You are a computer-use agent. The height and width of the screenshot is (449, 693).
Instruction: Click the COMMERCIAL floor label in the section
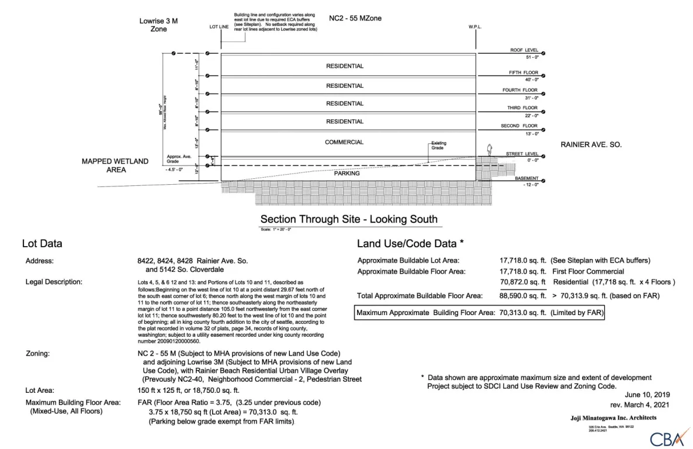pos(344,142)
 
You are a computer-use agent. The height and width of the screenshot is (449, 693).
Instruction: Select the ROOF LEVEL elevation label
pos(524,50)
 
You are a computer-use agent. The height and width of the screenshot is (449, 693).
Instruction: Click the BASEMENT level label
pos(526,178)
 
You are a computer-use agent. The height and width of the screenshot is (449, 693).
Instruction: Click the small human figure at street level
pos(490,150)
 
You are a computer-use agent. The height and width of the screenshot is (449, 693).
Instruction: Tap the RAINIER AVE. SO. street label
pos(591,144)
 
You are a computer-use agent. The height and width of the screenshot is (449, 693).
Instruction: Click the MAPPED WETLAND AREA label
pos(115,165)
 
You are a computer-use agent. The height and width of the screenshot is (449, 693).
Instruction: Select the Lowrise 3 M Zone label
pos(158,25)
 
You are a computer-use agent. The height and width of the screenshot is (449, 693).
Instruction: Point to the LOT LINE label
pos(220,27)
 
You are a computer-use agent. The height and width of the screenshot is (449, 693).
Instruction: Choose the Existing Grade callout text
pos(438,145)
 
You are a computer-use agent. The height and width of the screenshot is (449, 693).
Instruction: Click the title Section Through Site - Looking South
pos(349,220)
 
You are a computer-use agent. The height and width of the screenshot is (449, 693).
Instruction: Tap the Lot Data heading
pos(42,243)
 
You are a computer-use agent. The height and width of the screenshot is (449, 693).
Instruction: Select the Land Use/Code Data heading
pos(411,243)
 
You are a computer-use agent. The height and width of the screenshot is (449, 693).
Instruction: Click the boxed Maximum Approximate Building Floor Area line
pos(480,313)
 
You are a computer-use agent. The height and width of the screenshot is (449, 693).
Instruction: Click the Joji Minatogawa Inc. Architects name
pos(613,417)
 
